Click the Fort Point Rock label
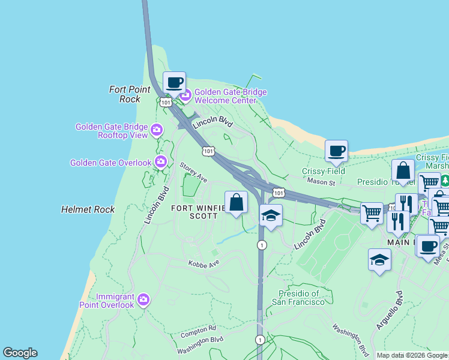[130, 94]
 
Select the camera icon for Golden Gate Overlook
[160, 162]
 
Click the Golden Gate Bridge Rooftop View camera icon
[157, 130]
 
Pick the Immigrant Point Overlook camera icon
[143, 299]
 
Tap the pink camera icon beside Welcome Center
[185, 95]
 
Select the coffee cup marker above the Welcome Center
[174, 82]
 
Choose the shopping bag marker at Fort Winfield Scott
[237, 202]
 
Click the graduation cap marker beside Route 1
[271, 215]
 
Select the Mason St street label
[320, 181]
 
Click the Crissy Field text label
[323, 171]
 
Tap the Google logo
[20, 353]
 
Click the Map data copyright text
[412, 355]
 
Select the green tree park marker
[445, 180]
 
